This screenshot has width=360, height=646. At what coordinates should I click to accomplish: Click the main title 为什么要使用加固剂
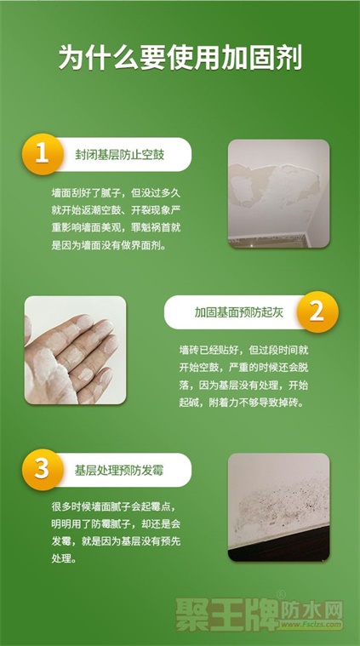tap(180, 57)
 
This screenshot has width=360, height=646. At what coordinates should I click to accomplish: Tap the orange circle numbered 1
tap(42, 154)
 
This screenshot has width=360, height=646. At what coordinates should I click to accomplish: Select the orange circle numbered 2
tap(317, 312)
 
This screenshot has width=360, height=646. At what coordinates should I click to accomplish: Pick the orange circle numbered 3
tap(42, 470)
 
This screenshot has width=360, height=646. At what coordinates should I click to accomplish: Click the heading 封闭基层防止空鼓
tap(119, 155)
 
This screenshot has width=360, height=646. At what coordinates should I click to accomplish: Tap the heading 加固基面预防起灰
tap(239, 312)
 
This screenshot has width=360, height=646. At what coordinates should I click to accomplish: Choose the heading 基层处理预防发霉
tap(119, 470)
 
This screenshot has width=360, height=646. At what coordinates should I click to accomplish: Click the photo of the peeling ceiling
tap(279, 194)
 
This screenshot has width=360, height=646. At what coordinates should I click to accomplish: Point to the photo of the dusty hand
tap(76, 350)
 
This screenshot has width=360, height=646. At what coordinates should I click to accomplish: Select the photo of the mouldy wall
tap(279, 507)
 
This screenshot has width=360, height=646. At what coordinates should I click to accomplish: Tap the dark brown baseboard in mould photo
tap(284, 546)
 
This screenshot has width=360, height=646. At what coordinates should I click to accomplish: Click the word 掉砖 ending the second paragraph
tap(294, 403)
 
